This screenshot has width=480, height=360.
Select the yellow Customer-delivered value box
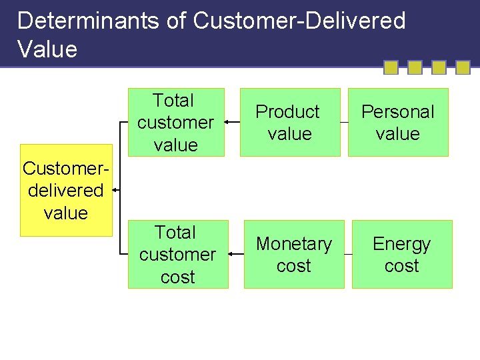coord(66,190)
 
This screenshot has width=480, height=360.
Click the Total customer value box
coord(176,122)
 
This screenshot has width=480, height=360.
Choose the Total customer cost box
coord(177,254)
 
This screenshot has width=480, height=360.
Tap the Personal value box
coord(398,122)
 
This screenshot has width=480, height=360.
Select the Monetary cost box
coord(294,254)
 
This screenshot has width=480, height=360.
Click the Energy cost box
coord(402,254)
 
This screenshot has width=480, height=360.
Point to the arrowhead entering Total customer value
coord(227,122)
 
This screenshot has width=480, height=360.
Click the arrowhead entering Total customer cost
coord(231,254)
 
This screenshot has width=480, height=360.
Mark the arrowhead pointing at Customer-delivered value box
coord(115,190)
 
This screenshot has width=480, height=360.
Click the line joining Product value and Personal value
coord(344,122)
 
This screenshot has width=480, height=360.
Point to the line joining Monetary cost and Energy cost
coord(348,254)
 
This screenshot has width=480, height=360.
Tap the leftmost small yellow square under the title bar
coord(391,67)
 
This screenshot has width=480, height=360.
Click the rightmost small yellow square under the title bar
coord(463,67)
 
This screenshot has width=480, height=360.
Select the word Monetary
coord(294,244)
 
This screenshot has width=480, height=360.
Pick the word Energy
coord(402,244)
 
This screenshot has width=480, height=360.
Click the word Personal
coord(398,112)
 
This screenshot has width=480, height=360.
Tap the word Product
coord(288,112)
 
